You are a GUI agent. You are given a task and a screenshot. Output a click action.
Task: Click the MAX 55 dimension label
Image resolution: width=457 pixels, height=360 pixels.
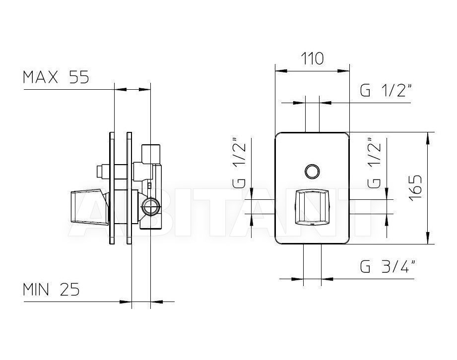click(x=56, y=77)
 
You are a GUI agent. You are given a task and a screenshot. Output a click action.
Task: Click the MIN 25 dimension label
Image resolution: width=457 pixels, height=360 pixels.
click(x=51, y=290)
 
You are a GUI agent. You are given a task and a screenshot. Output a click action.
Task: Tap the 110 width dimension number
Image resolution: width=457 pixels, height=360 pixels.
click(x=312, y=59)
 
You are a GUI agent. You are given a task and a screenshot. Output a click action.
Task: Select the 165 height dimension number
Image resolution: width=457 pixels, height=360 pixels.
click(x=415, y=188)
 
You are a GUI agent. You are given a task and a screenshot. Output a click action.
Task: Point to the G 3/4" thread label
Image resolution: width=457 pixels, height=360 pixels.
click(x=388, y=266)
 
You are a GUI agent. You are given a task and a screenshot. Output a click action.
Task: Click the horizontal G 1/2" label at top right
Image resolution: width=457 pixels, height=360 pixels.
click(x=386, y=90)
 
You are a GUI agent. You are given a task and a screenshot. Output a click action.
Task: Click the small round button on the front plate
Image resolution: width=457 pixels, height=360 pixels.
click(x=312, y=171)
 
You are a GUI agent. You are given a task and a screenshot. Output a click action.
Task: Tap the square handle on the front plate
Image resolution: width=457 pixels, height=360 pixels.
click(x=312, y=207)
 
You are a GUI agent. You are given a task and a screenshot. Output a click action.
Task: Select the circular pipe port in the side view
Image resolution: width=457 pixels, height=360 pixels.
click(x=151, y=207)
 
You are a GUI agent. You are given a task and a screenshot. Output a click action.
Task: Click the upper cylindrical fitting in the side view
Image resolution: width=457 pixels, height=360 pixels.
click(x=150, y=154)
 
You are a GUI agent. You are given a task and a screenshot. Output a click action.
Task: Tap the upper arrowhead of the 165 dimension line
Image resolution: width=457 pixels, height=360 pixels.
click(x=428, y=138)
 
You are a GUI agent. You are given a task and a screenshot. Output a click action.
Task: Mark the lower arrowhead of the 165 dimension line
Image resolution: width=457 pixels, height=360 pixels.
click(x=428, y=238)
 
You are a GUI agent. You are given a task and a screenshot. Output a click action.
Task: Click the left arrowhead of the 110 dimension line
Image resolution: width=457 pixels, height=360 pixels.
click(x=281, y=71)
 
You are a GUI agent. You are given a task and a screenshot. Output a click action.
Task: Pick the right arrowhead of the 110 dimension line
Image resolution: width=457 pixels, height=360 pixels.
click(x=343, y=71)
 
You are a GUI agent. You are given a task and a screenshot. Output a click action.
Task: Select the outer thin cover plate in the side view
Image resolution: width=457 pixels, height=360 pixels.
click(x=112, y=188)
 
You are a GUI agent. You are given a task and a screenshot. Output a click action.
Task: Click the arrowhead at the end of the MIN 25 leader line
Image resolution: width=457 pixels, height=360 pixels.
click(x=126, y=302)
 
